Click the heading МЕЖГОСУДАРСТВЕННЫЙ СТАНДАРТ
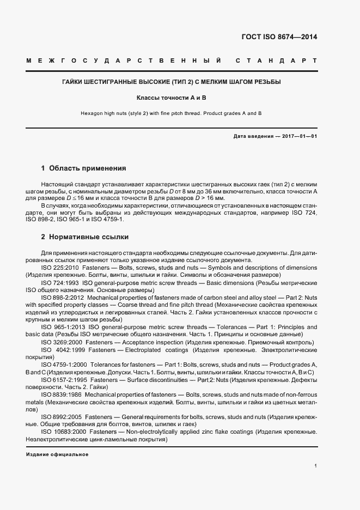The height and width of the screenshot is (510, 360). [x=172, y=60]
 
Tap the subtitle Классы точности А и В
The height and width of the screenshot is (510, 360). [x=172, y=98]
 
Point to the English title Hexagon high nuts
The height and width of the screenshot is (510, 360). [x=172, y=113]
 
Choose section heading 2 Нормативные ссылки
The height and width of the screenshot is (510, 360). [x=84, y=238]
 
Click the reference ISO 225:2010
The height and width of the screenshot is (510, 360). [x=60, y=268]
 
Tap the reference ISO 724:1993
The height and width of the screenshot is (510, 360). [x=60, y=283]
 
